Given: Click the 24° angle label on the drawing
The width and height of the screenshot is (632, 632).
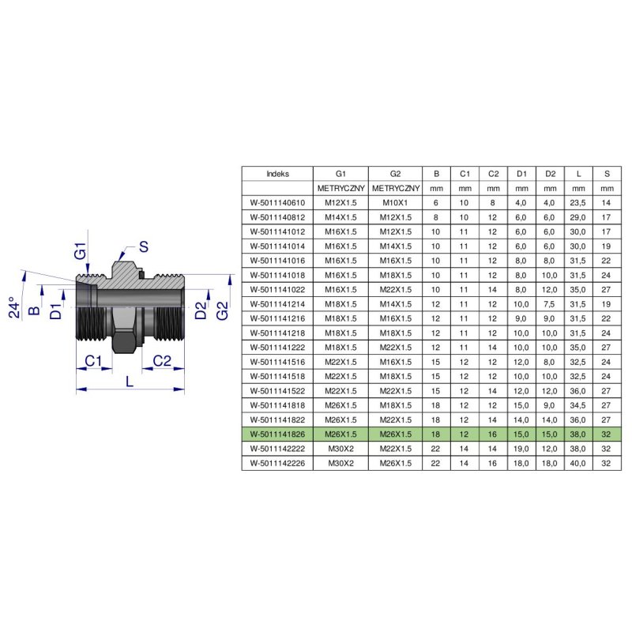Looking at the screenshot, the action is [x=14, y=307].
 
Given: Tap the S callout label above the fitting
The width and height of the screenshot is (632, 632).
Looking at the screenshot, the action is [x=144, y=246].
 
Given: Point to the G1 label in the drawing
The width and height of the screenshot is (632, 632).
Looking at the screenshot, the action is [x=81, y=250].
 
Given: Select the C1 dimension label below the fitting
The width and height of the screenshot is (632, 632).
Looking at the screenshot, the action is [x=93, y=360].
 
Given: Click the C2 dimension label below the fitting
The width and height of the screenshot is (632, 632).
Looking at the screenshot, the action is [x=162, y=360].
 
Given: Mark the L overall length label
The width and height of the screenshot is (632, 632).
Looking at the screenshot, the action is [x=129, y=381].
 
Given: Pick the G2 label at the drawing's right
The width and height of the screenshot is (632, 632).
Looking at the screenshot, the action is [x=222, y=310].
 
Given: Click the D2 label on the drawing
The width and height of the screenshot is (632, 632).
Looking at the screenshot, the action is [x=201, y=310].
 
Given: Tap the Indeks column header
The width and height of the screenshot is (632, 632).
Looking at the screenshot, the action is [x=278, y=174].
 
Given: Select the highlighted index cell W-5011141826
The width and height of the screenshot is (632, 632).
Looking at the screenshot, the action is [x=278, y=434].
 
